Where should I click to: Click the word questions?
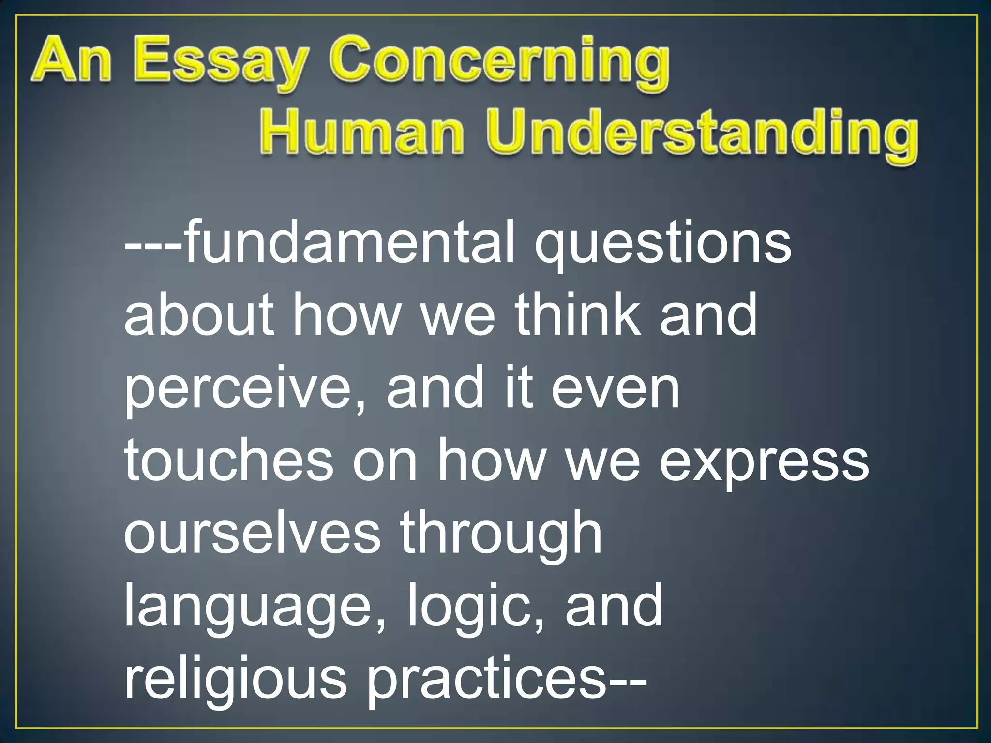click(663, 244)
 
